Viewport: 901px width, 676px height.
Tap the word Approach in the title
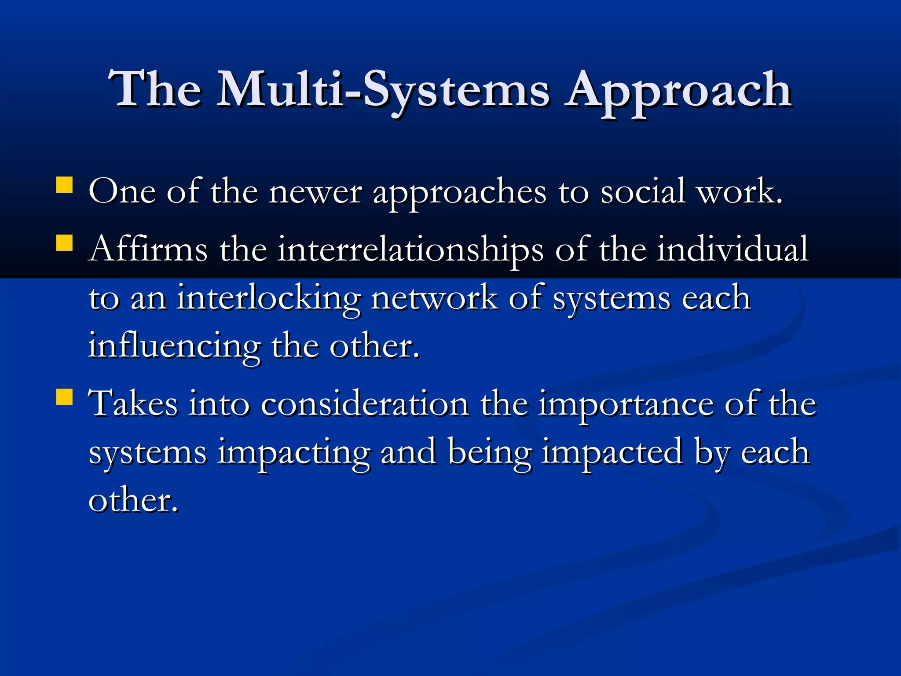(x=678, y=90)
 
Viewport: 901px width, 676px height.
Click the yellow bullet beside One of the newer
(x=65, y=185)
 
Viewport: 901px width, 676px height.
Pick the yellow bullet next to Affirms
(x=65, y=242)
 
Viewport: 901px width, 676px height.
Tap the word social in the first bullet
(x=643, y=192)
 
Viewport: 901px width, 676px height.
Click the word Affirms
(x=148, y=249)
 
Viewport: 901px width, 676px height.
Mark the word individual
(x=733, y=249)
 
